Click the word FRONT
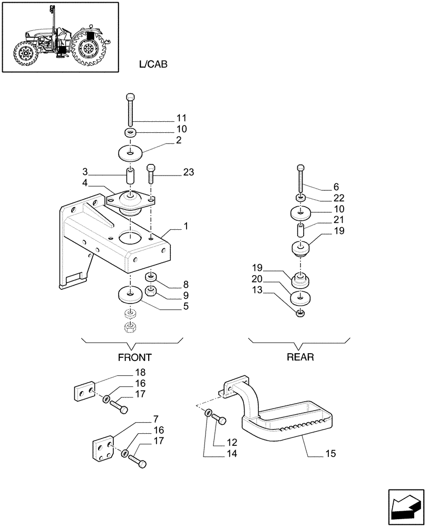point(134,357)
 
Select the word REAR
point(300,357)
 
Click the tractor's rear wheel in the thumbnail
point(89,50)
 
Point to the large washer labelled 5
point(129,295)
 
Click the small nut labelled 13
point(300,314)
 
